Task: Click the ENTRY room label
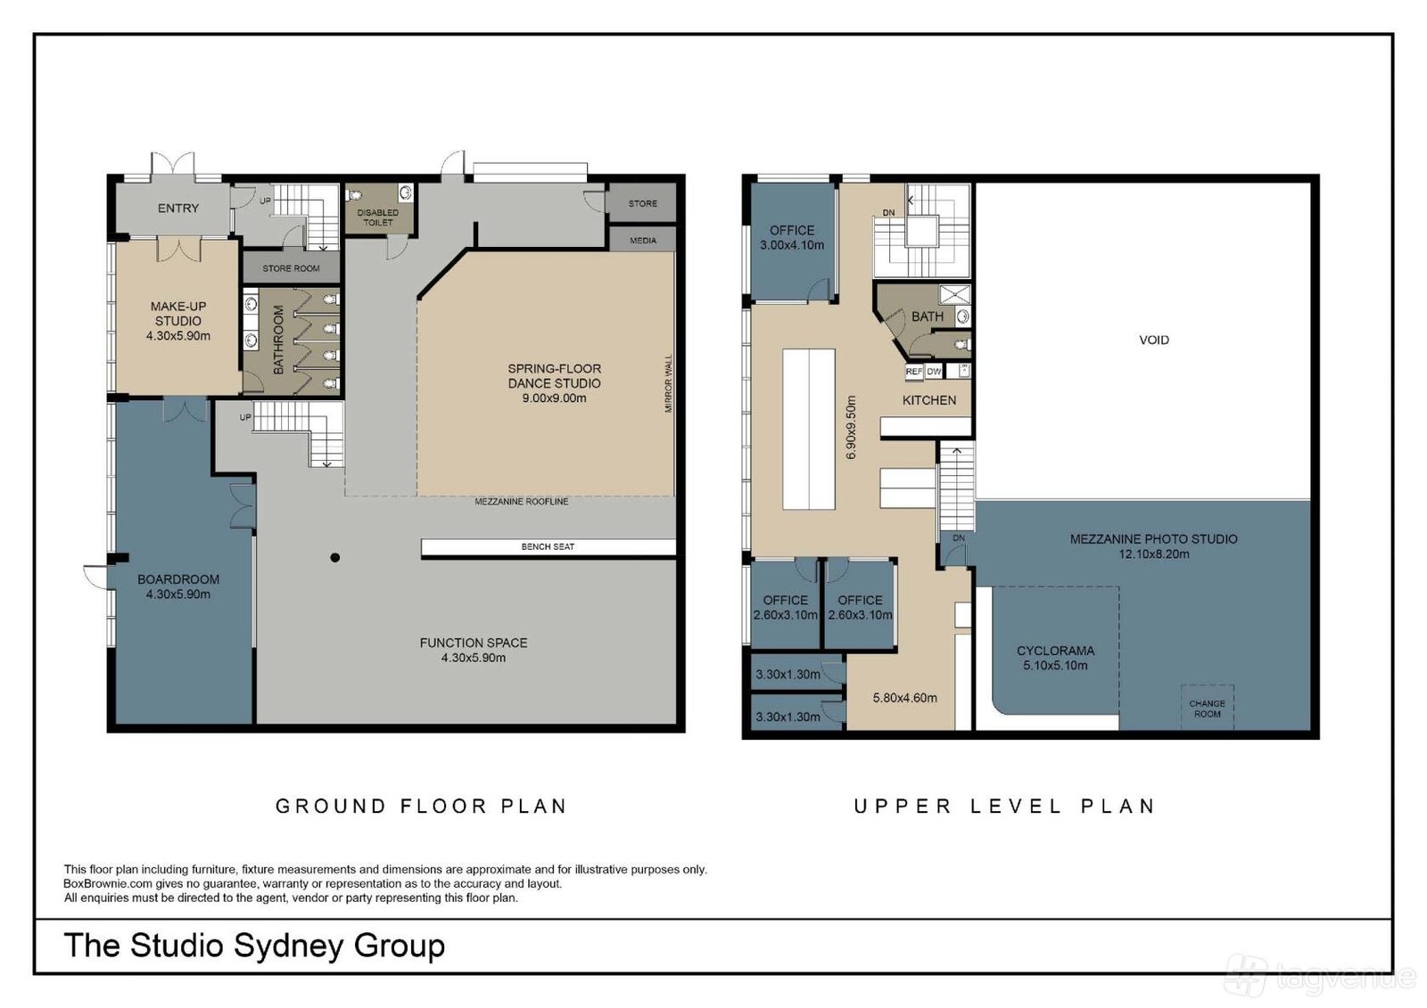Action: [178, 209]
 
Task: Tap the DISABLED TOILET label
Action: [378, 217]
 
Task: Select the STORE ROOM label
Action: [291, 269]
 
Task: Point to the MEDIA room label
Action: [643, 241]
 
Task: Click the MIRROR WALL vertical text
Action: [668, 383]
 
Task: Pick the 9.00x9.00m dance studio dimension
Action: [554, 398]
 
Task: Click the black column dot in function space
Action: [335, 558]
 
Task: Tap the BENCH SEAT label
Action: [548, 546]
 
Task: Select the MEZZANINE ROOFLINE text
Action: [522, 502]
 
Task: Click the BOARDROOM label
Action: [178, 579]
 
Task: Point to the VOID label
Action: [1154, 340]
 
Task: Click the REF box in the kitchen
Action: [914, 372]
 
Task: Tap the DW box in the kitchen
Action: [934, 372]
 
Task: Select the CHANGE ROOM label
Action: [1208, 709]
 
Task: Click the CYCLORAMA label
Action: [1056, 651]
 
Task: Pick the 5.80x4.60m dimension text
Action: [904, 698]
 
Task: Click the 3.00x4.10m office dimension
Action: [792, 245]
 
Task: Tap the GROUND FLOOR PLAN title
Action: [421, 807]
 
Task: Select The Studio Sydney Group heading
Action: [254, 946]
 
